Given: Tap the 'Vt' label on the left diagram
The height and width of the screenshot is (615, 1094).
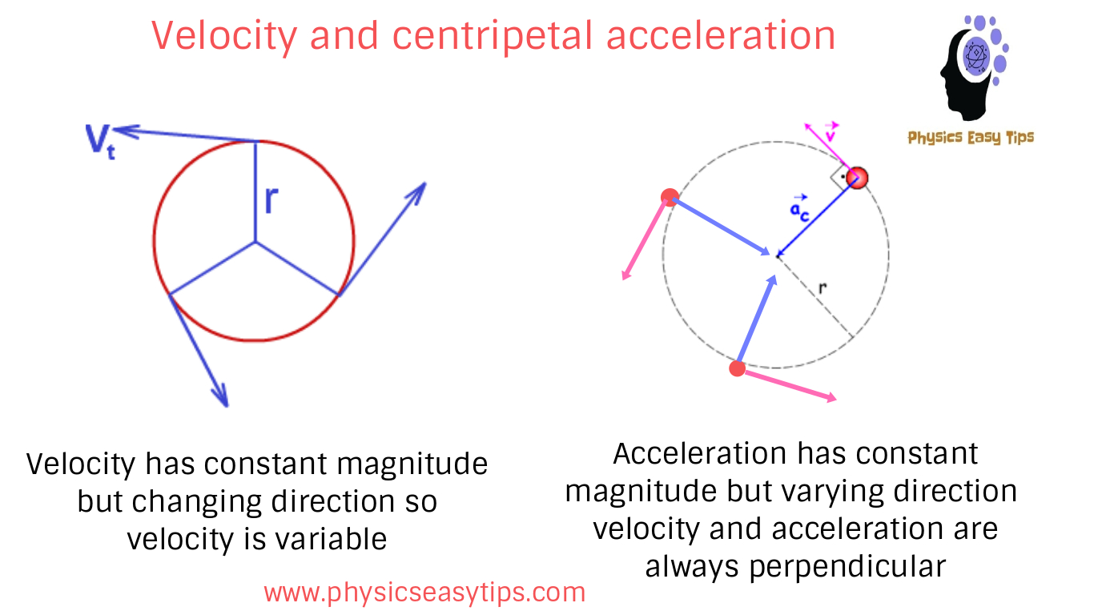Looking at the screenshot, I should pyautogui.click(x=101, y=140).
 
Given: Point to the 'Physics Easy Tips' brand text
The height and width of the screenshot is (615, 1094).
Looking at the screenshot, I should pyautogui.click(x=971, y=138).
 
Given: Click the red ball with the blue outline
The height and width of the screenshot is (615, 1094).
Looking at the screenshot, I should pyautogui.click(x=857, y=178).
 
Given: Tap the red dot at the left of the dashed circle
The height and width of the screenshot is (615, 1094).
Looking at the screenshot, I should pyautogui.click(x=670, y=197).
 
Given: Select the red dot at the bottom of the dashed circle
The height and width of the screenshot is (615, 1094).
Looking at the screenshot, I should pyautogui.click(x=738, y=368).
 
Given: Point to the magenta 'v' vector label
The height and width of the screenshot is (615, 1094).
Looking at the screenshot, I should pyautogui.click(x=831, y=133).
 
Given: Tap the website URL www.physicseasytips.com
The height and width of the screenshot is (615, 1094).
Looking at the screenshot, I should pyautogui.click(x=424, y=593).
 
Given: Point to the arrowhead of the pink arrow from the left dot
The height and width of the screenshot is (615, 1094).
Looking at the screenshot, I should pyautogui.click(x=625, y=275).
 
